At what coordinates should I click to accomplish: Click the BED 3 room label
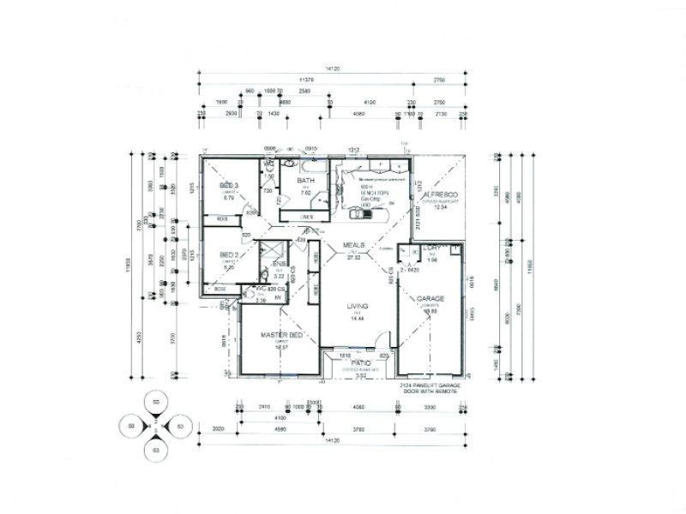pos(229,186)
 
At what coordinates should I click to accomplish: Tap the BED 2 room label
pos(229,254)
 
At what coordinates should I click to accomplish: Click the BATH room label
pos(306,181)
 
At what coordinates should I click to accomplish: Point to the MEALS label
pos(355,245)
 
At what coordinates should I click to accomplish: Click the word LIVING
pos(358,306)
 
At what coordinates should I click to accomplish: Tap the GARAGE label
pos(430,300)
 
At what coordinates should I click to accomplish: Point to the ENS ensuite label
pos(279,263)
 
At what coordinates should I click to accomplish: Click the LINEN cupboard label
pos(306,217)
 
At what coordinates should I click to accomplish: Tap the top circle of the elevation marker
pos(155,402)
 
